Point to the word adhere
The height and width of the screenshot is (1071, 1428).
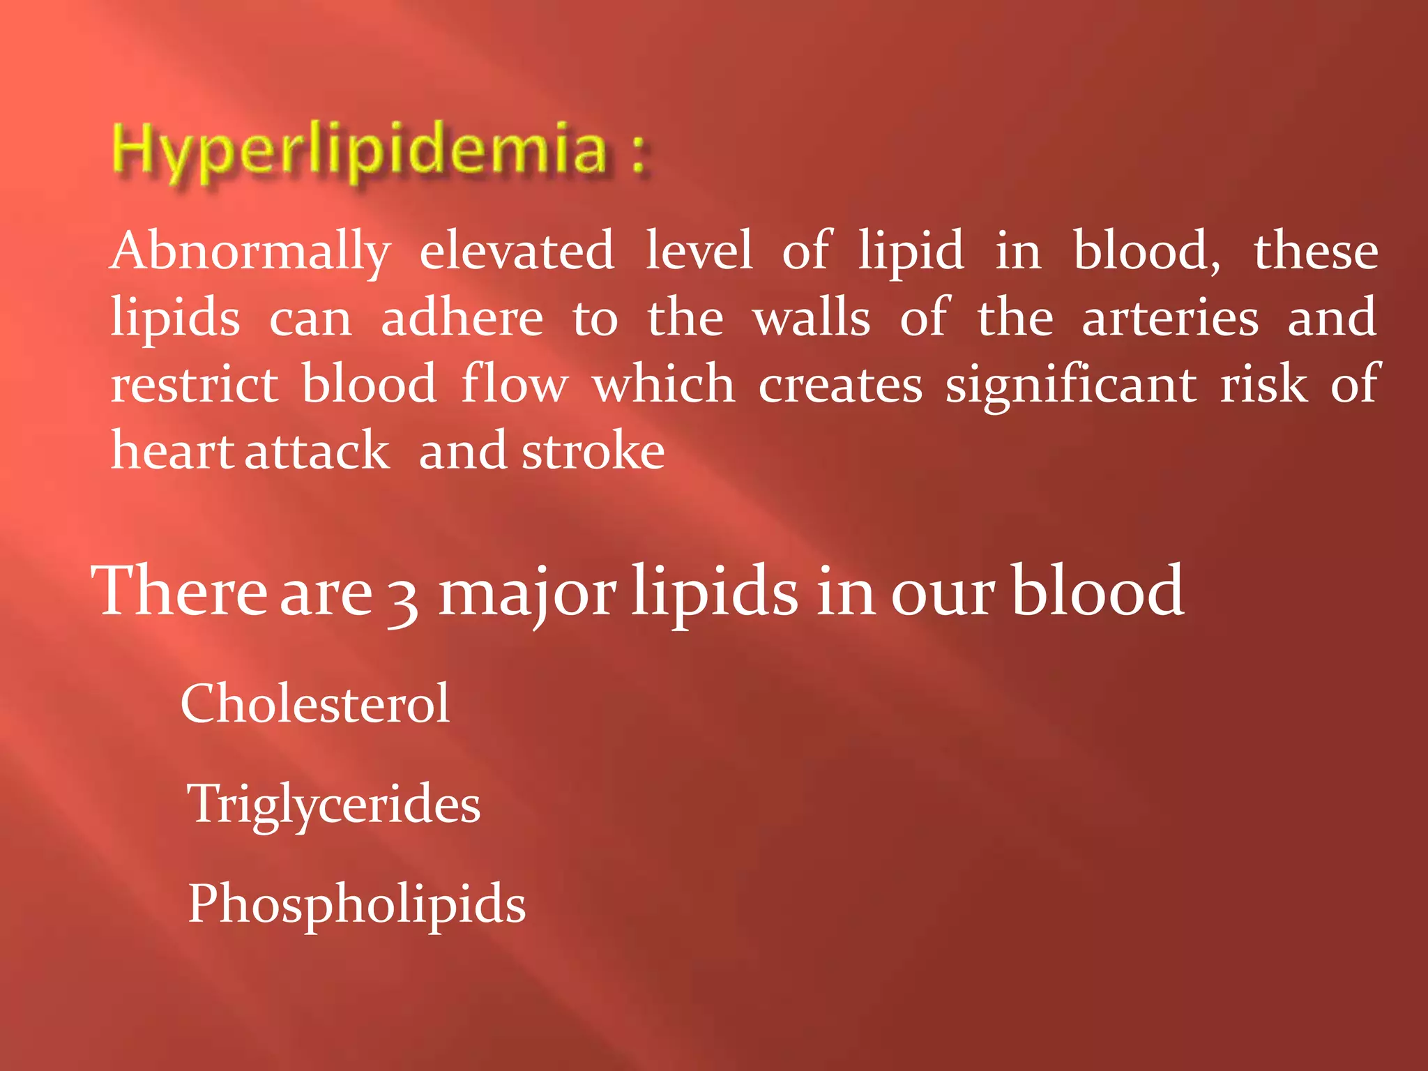tap(462, 317)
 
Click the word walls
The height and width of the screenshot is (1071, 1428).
tap(812, 317)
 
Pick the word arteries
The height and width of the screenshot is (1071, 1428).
tap(1170, 317)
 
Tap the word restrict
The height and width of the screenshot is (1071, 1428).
tap(195, 383)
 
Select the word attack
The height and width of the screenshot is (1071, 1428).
tap(317, 450)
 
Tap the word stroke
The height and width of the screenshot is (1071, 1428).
tap(593, 450)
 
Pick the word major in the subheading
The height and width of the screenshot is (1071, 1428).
tap(527, 593)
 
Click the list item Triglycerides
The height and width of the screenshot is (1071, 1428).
tap(334, 804)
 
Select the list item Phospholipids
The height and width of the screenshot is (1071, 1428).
tap(357, 904)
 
